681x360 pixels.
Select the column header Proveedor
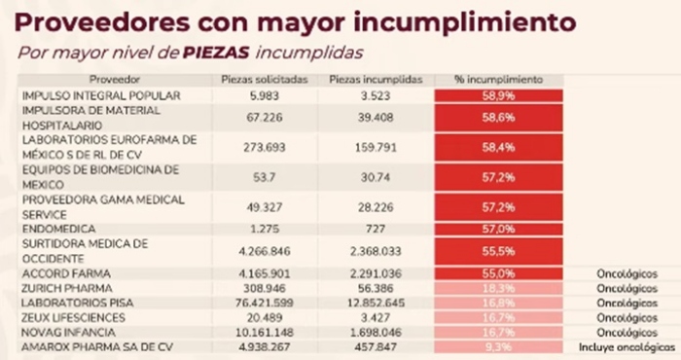tap(114, 78)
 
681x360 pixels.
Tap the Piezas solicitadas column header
tap(252, 78)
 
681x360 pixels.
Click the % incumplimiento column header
tap(499, 78)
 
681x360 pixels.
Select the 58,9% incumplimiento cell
tap(499, 95)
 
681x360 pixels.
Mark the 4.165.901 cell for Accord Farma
tap(252, 274)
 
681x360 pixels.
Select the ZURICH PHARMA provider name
tap(66, 289)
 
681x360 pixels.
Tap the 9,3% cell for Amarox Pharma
tap(499, 345)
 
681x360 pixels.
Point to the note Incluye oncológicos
tap(627, 345)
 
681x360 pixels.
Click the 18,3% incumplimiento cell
tap(499, 289)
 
